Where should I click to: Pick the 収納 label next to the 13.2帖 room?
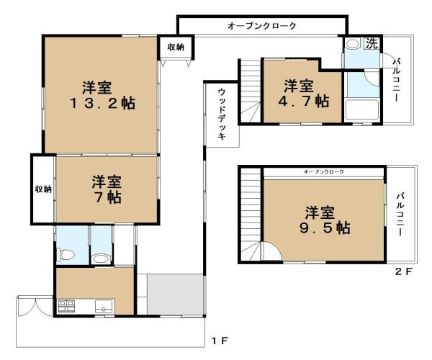click(176, 47)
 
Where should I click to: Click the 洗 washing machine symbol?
click(371, 42)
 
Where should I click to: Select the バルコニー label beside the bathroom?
click(396, 81)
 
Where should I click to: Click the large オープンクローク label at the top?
click(261, 26)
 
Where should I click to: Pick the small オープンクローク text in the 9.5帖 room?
click(323, 173)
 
